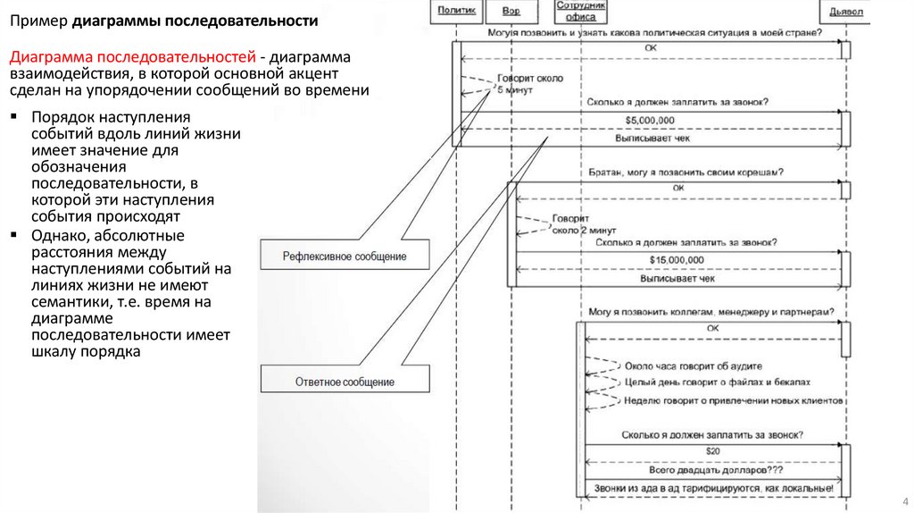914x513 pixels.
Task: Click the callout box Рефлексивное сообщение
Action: [x=345, y=256]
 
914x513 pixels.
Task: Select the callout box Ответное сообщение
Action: [x=345, y=382]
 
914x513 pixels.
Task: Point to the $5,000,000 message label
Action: [x=650, y=120]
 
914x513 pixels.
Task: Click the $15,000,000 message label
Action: [x=677, y=259]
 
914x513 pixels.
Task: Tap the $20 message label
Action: [x=712, y=450]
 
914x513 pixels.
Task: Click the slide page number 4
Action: [x=904, y=500]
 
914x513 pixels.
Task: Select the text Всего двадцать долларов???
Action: [x=711, y=469]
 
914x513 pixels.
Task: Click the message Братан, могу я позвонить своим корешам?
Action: [x=685, y=171]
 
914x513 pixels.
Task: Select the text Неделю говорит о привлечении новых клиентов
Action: [x=734, y=401]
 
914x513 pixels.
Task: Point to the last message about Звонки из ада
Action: [x=712, y=488]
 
